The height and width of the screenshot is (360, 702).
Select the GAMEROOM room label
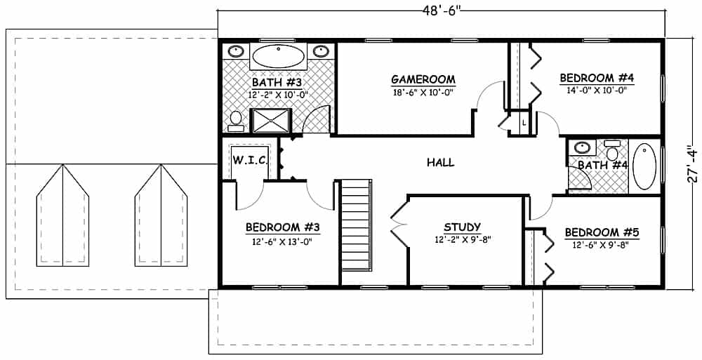click(x=423, y=79)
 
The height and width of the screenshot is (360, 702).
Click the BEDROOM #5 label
click(x=602, y=232)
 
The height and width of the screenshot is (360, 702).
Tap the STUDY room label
click(x=462, y=227)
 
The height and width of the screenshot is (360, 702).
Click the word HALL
click(x=440, y=162)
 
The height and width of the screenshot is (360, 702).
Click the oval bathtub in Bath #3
click(x=279, y=55)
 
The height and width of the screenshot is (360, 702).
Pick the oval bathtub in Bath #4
click(x=644, y=167)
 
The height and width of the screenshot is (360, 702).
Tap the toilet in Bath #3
click(x=236, y=120)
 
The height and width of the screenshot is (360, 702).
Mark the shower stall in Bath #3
click(x=271, y=121)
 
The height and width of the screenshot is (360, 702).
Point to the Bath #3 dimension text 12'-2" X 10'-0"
click(x=278, y=95)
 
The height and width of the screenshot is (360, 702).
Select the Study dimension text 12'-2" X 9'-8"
click(x=462, y=239)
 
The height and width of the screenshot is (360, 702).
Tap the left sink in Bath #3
click(x=237, y=51)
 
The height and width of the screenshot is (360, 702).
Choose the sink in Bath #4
click(x=581, y=148)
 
